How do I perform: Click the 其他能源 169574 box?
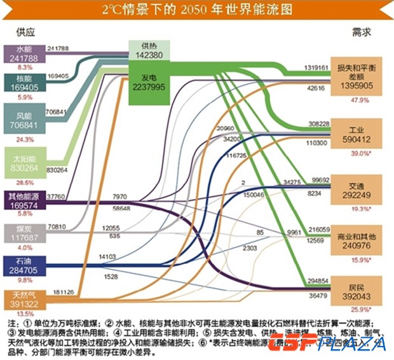coord(24,200)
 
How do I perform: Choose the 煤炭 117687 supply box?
coord(24,233)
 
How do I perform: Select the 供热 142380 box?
coord(148,50)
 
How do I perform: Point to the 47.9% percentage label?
coord(359,100)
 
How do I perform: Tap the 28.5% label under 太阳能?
coord(25,181)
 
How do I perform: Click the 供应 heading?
coord(25,32)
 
